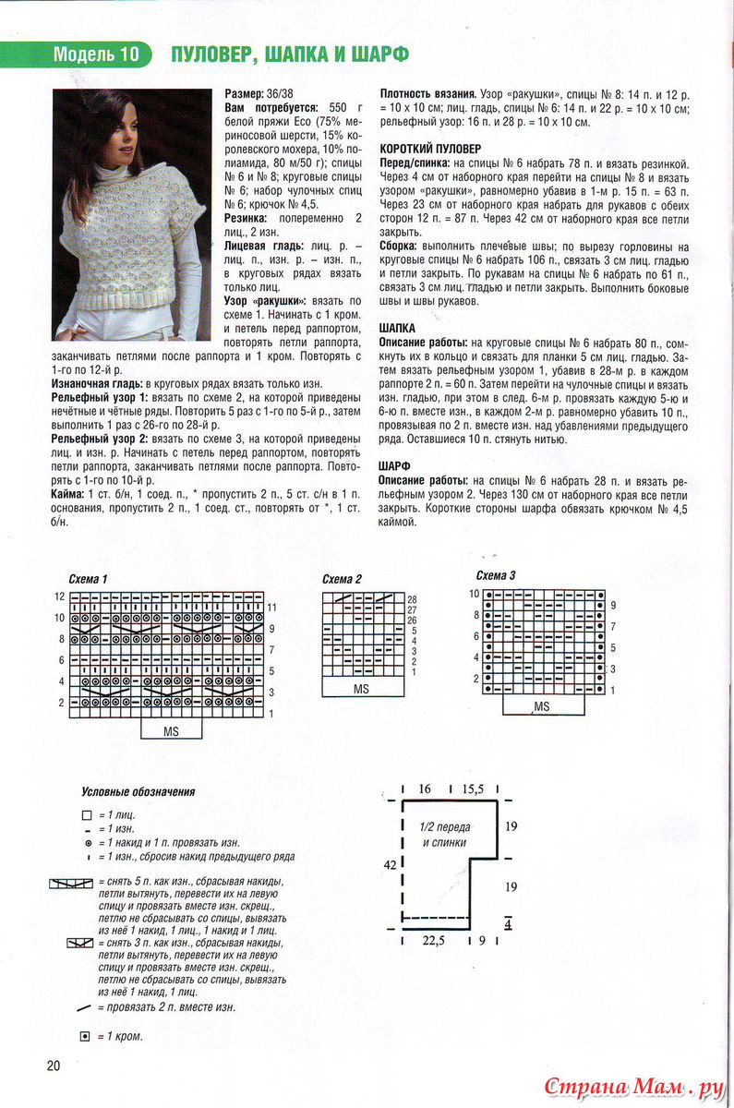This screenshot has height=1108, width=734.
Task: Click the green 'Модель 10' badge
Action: pyautogui.click(x=96, y=54)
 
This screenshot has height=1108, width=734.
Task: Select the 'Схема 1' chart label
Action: pyautogui.click(x=89, y=579)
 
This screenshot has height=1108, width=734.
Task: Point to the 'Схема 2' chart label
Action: pyautogui.click(x=343, y=579)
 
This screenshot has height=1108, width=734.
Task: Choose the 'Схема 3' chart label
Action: pyautogui.click(x=495, y=575)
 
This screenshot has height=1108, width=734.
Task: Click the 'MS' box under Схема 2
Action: pyautogui.click(x=361, y=690)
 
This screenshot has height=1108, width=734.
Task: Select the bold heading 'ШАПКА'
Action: pyautogui.click(x=397, y=329)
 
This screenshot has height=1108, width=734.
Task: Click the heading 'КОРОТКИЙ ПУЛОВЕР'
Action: pyautogui.click(x=430, y=149)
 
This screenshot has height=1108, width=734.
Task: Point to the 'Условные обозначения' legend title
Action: pyautogui.click(x=138, y=791)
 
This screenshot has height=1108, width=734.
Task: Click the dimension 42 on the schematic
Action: pyautogui.click(x=391, y=864)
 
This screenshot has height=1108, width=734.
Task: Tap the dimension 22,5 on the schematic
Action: pyautogui.click(x=434, y=942)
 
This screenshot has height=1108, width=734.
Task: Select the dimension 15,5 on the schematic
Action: pyautogui.click(x=473, y=789)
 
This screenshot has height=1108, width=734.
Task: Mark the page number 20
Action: pyautogui.click(x=54, y=1066)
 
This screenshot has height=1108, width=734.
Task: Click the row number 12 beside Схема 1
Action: pyautogui.click(x=59, y=596)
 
